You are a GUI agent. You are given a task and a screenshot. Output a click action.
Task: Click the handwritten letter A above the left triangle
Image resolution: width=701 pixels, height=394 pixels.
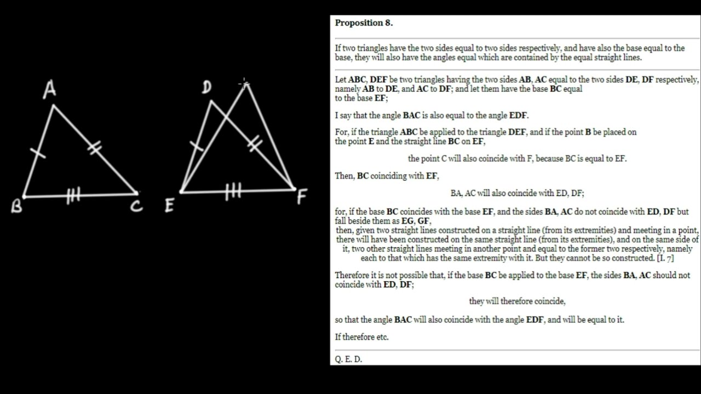50,90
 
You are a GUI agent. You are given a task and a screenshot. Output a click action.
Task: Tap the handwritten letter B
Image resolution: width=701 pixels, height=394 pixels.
16,206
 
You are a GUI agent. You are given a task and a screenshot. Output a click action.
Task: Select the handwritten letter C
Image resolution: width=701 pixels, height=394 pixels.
137,206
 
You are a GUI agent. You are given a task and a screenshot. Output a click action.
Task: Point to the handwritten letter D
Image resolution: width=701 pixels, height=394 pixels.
206,88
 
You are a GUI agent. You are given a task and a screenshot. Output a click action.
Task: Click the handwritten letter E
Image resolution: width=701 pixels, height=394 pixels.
169,206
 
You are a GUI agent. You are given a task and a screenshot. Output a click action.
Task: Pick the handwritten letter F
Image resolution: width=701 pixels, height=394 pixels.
302,196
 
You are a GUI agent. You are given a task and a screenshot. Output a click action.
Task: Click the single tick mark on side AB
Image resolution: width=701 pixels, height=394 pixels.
38,153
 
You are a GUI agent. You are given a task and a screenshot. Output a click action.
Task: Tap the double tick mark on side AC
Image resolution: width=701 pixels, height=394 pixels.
94,147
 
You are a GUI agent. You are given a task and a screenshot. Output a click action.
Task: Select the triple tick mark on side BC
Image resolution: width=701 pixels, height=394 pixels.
74,195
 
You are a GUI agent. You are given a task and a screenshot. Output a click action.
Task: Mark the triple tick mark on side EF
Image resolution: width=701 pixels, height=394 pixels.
233,192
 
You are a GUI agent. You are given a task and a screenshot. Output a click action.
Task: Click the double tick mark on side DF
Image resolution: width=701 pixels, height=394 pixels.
254,144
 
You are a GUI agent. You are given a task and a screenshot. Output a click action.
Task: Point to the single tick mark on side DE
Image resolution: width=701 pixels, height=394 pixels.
196,146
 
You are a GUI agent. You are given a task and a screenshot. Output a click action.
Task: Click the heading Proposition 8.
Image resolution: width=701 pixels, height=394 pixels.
364,23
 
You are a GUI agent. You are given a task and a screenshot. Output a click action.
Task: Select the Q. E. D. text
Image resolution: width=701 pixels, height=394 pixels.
348,360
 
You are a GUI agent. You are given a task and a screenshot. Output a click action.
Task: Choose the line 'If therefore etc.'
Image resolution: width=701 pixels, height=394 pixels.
361,337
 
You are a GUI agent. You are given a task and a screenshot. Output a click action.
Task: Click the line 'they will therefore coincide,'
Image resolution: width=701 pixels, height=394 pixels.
517,301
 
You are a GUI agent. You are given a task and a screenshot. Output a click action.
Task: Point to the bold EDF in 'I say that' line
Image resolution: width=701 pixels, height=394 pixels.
518,115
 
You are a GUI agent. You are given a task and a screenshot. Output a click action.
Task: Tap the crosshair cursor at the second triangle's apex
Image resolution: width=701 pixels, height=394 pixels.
244,84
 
